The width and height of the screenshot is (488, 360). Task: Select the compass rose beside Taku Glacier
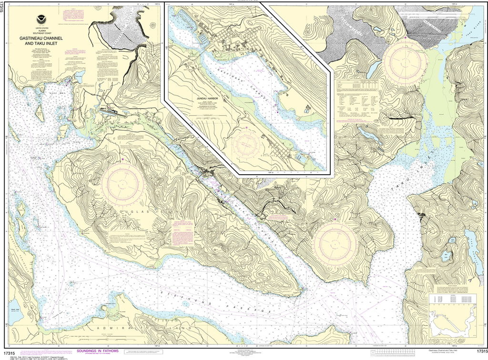[405, 61]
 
